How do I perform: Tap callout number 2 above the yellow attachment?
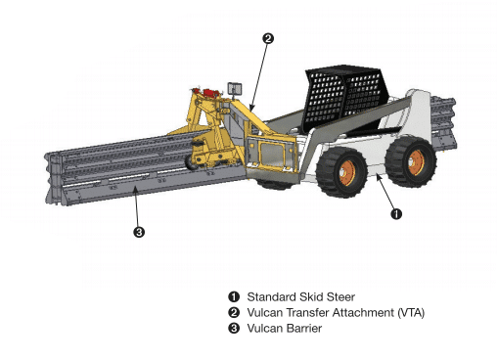click(x=268, y=38)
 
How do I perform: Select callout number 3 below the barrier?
click(x=139, y=232)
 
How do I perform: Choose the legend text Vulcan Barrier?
click(x=285, y=328)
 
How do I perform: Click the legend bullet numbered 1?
click(x=234, y=296)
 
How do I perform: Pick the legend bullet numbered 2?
click(x=234, y=312)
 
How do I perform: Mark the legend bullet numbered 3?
click(x=234, y=328)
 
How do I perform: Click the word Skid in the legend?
click(x=310, y=296)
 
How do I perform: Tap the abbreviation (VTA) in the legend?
click(x=410, y=312)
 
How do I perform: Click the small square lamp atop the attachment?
click(x=235, y=88)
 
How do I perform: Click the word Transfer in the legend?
click(x=309, y=312)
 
